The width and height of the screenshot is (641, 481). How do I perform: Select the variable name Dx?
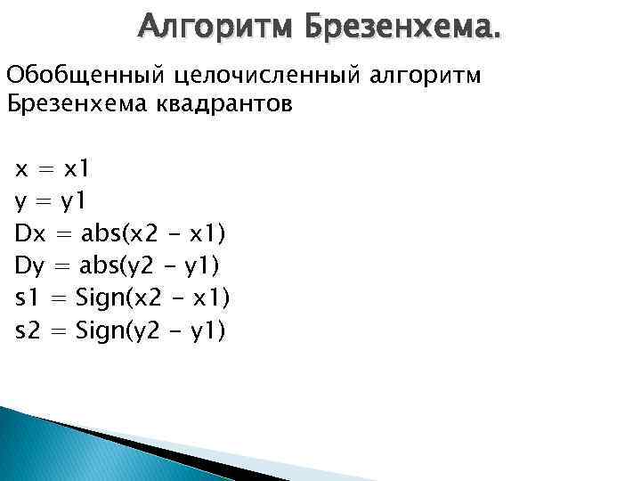point(30,234)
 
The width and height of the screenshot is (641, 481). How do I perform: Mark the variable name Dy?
point(30,266)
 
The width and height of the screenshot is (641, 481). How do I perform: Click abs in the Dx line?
point(101,234)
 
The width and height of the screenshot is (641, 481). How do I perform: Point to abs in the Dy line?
point(101,266)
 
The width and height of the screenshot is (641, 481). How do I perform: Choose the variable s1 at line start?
point(27,298)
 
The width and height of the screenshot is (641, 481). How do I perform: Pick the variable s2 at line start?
point(27,330)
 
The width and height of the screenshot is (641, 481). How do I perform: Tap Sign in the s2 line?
point(100,331)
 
